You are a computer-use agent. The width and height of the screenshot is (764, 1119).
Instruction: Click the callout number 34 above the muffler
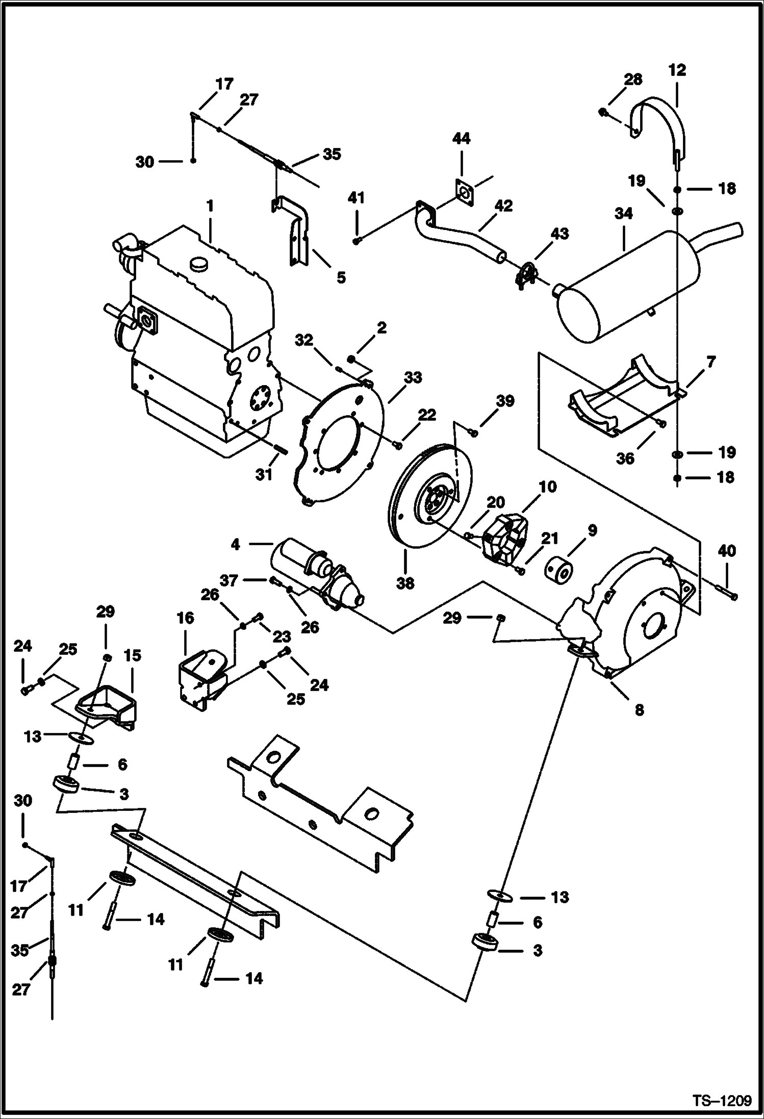pos(623,213)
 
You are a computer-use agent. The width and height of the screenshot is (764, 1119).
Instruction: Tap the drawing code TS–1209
pos(722,1101)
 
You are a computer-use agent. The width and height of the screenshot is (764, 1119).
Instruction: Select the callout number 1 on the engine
pos(210,206)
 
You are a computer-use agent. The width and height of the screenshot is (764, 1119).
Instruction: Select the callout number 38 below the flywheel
pos(405,582)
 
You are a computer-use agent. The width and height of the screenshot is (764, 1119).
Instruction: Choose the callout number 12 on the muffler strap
pos(677,70)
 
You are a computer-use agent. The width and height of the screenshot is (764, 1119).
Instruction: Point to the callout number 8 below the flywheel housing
pos(639,709)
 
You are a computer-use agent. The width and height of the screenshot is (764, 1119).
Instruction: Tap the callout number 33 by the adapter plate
pos(413,377)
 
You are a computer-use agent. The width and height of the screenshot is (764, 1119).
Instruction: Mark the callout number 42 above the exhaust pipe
pos(503,206)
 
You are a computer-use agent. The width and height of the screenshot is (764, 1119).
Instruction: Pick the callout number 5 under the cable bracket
pos(341,277)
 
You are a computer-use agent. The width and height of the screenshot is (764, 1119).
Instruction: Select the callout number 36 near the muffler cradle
pos(625,458)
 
